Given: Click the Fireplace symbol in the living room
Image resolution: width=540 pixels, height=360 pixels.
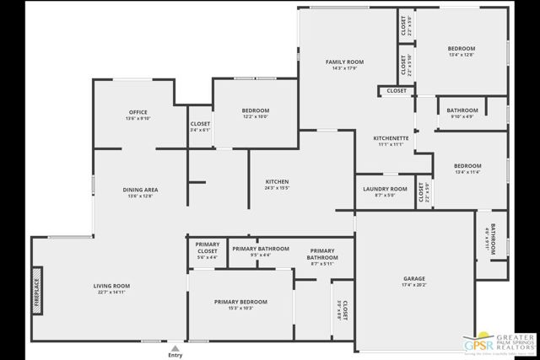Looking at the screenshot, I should point(37,291).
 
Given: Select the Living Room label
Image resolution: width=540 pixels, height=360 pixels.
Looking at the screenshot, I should point(111,287).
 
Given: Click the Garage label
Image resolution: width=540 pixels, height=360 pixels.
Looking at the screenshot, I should point(413,278).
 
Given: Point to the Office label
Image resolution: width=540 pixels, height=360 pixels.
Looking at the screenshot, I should point(138,112).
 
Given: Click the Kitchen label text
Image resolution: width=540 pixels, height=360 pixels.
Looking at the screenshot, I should point(278,182).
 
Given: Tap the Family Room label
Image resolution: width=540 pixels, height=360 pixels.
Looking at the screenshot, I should point(344,62).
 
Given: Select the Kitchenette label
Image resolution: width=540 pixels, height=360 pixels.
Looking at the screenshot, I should point(391,138).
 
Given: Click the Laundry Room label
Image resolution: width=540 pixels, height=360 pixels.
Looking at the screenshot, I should point(385,189).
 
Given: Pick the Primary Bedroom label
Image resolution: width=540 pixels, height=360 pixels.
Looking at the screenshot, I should point(240,302).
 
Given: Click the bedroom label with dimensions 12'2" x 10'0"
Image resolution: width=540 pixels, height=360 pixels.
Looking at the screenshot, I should point(256,111).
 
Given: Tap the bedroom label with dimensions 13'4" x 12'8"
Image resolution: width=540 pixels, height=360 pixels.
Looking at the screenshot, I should point(461,49).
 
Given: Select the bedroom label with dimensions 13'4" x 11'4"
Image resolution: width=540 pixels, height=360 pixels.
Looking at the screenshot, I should point(467,166).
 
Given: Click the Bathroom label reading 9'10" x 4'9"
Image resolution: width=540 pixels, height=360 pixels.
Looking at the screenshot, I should point(462,110).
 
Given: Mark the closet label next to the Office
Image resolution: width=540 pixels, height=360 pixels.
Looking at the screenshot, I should point(200,124).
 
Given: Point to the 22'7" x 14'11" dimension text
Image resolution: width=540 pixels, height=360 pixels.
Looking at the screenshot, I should point(111,293).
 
